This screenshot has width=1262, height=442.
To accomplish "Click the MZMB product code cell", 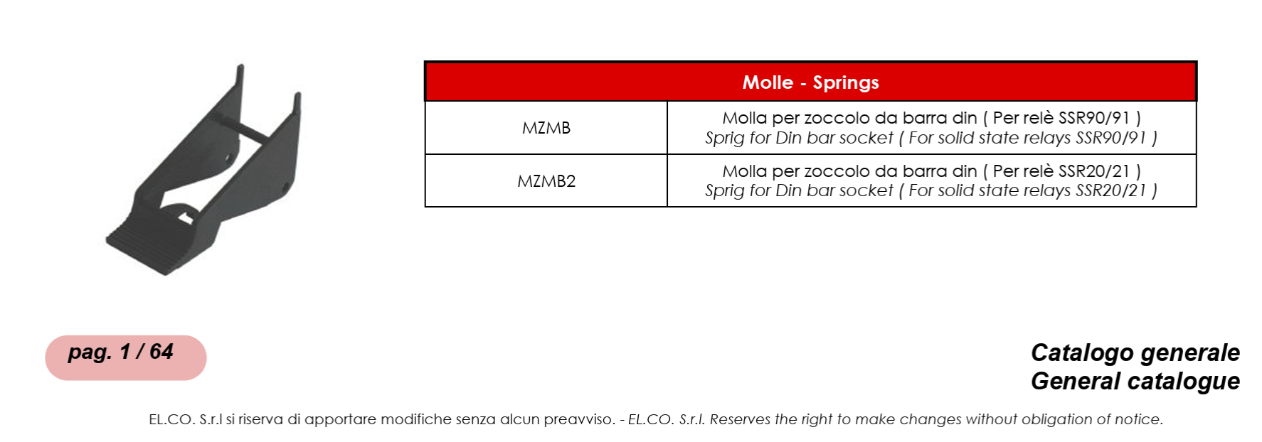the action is (546, 128).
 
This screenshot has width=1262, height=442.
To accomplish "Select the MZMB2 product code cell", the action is (546, 181).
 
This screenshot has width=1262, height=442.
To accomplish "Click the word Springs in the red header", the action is (846, 83).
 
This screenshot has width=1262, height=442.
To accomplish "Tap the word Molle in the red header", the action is (768, 82).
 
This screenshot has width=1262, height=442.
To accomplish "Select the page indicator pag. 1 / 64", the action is (121, 352).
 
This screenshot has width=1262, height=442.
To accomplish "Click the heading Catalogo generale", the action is (1135, 353).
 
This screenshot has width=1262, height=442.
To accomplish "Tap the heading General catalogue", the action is (1135, 382).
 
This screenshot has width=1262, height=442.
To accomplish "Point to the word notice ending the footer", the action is (1138, 420).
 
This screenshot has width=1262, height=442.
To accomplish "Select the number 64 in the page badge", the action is (161, 352).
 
